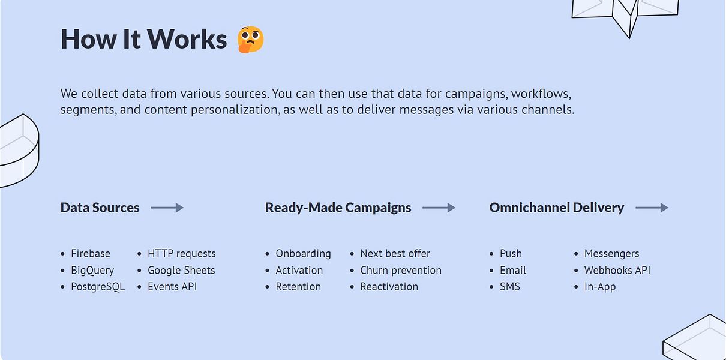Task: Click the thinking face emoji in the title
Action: click(x=250, y=40)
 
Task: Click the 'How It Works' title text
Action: click(x=143, y=39)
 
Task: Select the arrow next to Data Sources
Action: click(x=167, y=208)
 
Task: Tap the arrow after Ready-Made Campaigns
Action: click(x=439, y=208)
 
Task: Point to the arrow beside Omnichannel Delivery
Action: click(x=652, y=208)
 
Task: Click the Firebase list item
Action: click(x=91, y=253)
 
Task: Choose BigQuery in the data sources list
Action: click(x=92, y=270)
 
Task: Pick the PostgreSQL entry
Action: click(x=98, y=287)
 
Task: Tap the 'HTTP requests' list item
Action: click(x=181, y=253)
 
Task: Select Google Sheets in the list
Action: click(x=181, y=270)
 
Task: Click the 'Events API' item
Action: click(x=172, y=287)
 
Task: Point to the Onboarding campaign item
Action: click(x=304, y=253)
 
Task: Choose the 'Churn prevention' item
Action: click(x=401, y=270)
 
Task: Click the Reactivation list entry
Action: click(x=389, y=287)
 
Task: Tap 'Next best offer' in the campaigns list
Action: click(x=395, y=253)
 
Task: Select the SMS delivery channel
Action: click(x=510, y=287)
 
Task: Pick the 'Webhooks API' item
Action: click(x=617, y=270)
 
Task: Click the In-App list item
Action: click(x=600, y=287)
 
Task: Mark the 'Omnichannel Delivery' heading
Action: click(x=556, y=208)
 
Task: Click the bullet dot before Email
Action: click(x=491, y=270)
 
